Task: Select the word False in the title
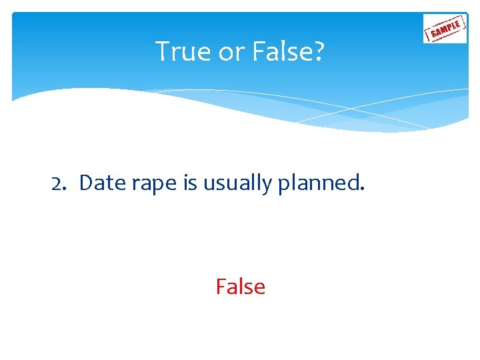(277, 51)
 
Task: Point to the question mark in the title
(319, 51)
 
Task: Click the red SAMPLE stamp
(445, 29)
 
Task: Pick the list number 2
(59, 183)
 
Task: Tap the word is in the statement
(189, 183)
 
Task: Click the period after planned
(363, 189)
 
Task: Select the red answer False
(240, 287)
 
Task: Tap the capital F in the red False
(221, 287)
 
